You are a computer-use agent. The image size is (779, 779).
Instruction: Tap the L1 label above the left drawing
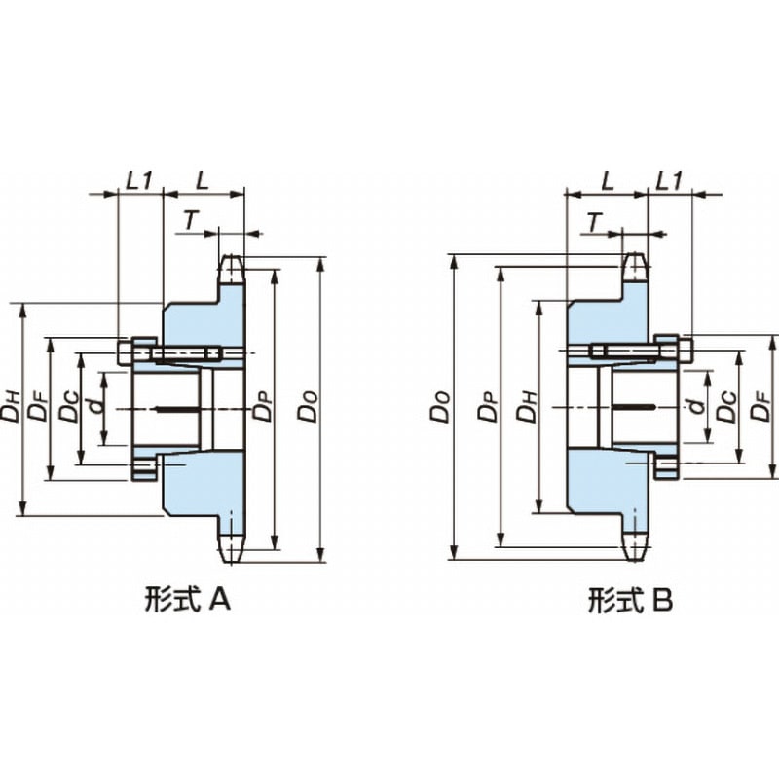pyautogui.click(x=140, y=180)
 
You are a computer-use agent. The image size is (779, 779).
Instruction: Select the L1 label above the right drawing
pyautogui.click(x=669, y=180)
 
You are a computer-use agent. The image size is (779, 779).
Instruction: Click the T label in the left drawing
pyautogui.click(x=192, y=221)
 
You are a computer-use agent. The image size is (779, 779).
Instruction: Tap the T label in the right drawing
pyautogui.click(x=593, y=221)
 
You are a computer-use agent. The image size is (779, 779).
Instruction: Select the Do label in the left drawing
pyautogui.click(x=308, y=410)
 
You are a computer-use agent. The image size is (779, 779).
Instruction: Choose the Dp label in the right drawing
pyautogui.click(x=486, y=410)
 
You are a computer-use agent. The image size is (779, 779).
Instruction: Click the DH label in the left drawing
pyautogui.click(x=11, y=410)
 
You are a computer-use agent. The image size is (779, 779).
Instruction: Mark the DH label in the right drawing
pyautogui.click(x=527, y=410)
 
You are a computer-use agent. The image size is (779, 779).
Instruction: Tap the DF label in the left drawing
pyautogui.click(x=37, y=410)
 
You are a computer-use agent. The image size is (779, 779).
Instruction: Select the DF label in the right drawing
pyautogui.click(x=760, y=410)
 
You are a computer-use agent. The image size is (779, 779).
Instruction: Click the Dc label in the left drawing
pyautogui.click(x=66, y=410)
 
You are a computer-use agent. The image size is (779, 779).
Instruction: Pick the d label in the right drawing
pyautogui.click(x=695, y=410)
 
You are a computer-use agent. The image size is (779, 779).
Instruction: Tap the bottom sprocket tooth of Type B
pyautogui.click(x=634, y=545)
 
